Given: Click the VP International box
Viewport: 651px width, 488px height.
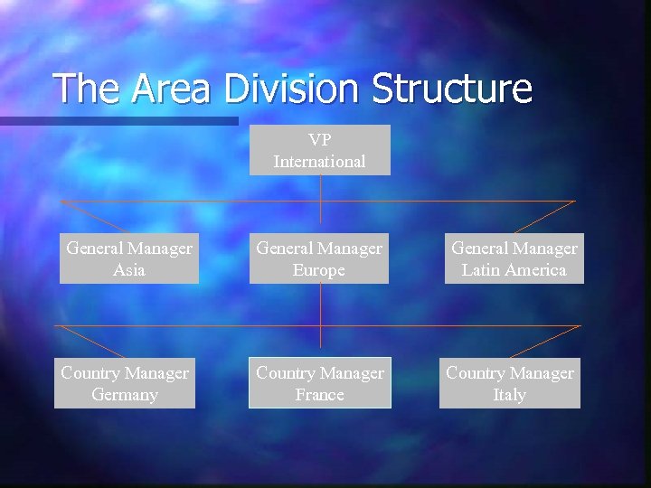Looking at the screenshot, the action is point(320,150).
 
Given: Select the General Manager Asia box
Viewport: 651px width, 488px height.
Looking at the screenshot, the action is point(129,258).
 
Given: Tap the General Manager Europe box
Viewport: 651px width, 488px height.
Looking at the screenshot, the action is point(319,258).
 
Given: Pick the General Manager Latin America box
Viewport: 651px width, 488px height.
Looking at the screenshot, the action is point(514,258).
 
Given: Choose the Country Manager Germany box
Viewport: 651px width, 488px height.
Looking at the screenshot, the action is point(125,383).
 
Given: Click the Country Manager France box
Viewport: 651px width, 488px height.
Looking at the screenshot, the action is point(320,383).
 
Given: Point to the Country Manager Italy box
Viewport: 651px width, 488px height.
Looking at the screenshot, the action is point(510,383).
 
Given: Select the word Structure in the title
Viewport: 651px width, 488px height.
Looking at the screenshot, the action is point(452,89).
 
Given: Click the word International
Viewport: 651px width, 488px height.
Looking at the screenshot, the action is point(320,162).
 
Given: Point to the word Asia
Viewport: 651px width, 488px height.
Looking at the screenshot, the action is point(129,270).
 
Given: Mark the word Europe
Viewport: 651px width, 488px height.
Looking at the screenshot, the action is point(319,270).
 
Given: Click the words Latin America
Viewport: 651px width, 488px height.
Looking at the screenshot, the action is point(514,270).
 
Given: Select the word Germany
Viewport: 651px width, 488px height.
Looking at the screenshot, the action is point(125,395).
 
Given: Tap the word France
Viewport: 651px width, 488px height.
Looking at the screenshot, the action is point(320,395).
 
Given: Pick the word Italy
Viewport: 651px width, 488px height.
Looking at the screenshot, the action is point(510,395).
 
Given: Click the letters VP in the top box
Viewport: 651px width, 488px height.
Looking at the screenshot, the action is point(320,140).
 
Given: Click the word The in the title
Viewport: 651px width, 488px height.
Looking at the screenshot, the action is point(87,89).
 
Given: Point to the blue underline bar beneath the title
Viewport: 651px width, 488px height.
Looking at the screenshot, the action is point(118,120).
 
